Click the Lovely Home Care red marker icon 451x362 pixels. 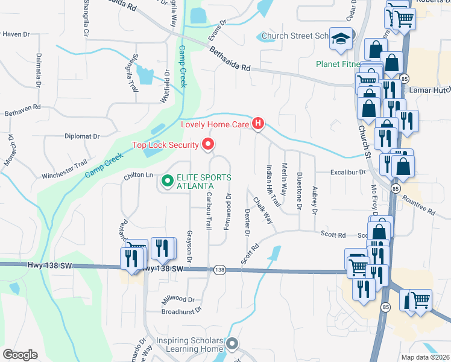pos(258,124)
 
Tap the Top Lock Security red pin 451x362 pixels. pos(209,144)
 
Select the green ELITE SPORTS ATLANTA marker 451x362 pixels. pos(167,180)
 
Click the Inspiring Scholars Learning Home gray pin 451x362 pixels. pos(233,345)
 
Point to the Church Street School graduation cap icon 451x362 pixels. pos(341,39)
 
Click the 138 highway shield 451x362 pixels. pos(219,270)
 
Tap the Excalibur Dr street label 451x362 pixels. pos(348,172)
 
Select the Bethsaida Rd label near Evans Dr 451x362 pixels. pos(230,60)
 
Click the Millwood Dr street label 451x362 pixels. pos(178,299)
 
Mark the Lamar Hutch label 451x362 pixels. pos(430,89)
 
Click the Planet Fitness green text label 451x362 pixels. pos(338,64)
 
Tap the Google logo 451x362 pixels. pos(20,355)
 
